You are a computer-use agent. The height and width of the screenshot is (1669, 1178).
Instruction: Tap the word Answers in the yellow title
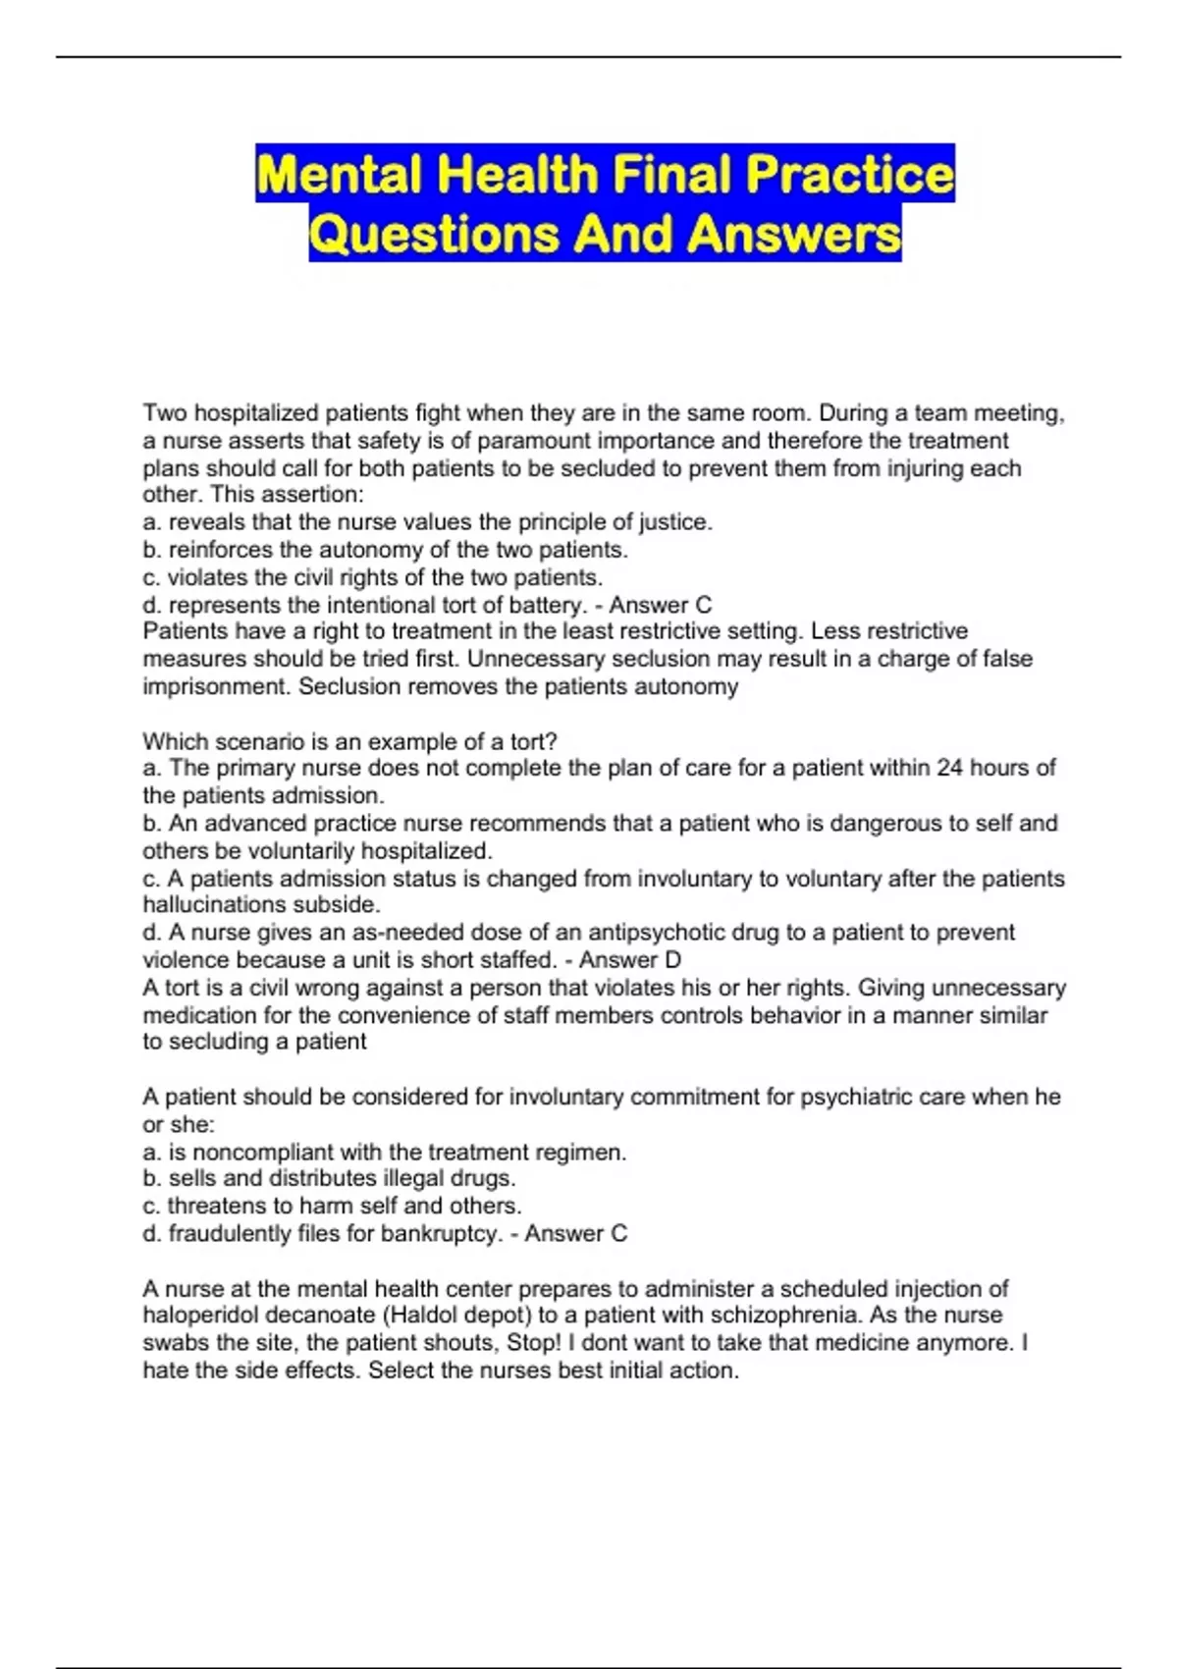pos(793,235)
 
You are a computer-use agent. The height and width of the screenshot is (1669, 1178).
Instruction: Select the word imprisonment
pos(215,687)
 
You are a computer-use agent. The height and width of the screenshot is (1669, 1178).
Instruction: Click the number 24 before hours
pos(949,768)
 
